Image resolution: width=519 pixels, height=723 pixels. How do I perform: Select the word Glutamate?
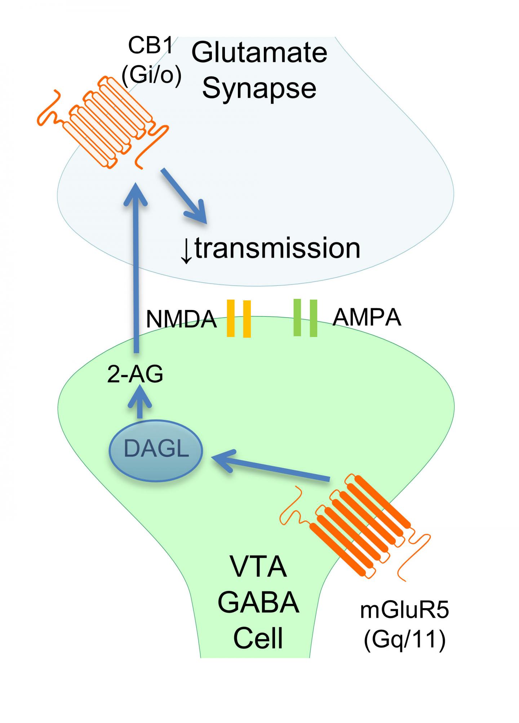click(x=259, y=52)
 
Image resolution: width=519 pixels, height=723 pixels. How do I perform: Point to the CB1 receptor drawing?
click(x=108, y=121)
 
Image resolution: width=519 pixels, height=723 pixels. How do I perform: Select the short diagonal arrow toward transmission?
click(x=184, y=197)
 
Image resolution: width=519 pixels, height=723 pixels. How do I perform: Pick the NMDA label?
click(x=181, y=319)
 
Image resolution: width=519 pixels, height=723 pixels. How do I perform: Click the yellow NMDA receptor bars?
click(x=239, y=319)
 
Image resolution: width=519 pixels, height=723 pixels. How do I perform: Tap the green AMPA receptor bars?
click(x=305, y=318)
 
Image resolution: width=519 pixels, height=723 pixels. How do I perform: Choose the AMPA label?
click(x=367, y=318)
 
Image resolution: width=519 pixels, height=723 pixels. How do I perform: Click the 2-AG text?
click(x=135, y=374)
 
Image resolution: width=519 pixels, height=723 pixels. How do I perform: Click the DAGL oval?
click(x=156, y=450)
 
